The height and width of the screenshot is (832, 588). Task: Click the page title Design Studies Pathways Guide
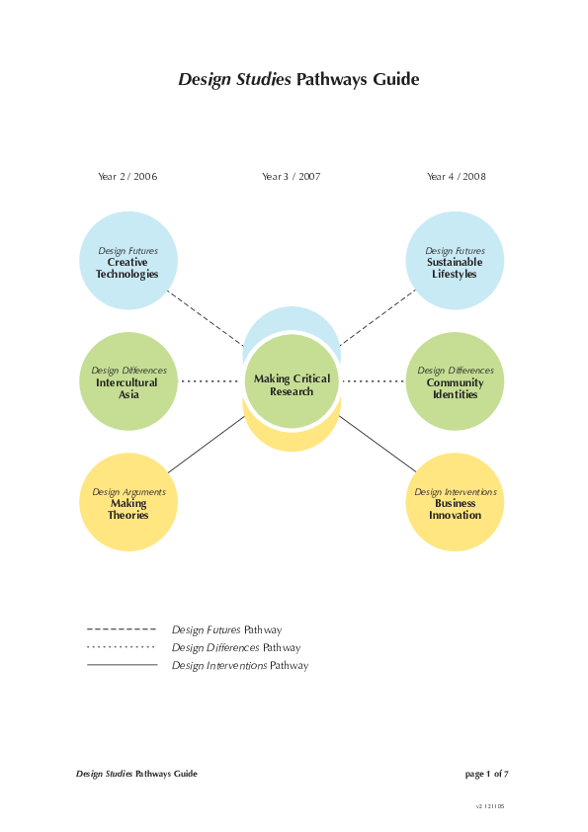298,80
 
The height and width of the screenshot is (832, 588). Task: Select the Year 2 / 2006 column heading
127,177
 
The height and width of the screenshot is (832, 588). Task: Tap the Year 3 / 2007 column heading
292,177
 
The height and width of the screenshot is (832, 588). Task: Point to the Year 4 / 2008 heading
456,177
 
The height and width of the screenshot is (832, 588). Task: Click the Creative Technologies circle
127,261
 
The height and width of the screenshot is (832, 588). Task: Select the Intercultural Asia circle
128,381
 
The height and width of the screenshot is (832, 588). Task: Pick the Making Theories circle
127,502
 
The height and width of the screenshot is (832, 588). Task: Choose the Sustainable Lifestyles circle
455,261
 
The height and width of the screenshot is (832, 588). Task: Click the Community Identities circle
455,381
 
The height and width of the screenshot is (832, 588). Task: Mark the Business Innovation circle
455,502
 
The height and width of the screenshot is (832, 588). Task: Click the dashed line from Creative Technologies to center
206,317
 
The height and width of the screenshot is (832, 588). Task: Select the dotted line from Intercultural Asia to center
210,381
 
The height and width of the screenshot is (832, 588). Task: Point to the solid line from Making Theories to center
206,445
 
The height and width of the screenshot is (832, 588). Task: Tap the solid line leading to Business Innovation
378,444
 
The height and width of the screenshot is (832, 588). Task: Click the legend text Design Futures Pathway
226,629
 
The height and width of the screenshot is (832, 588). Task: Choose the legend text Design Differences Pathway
235,647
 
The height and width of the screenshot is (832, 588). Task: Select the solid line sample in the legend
122,665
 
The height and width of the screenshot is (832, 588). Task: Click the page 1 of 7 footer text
486,774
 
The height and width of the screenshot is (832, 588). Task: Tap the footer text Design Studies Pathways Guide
136,774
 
